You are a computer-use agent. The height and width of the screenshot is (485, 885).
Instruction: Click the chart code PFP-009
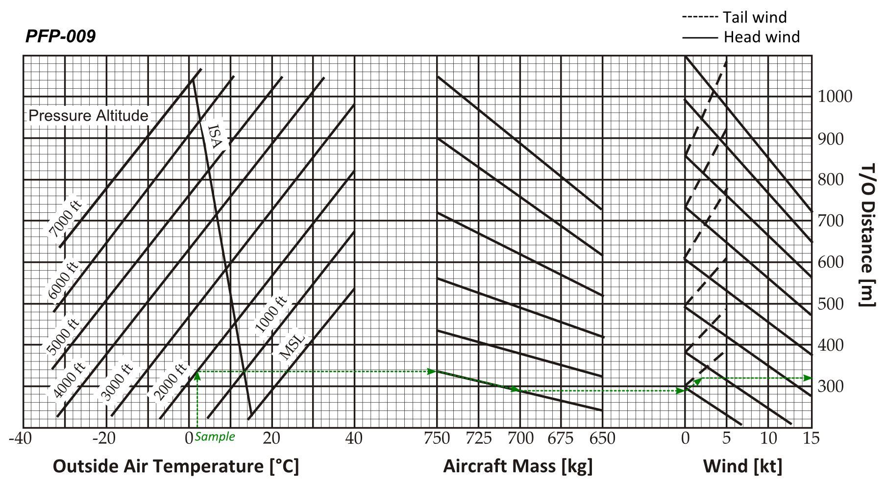pyautogui.click(x=60, y=36)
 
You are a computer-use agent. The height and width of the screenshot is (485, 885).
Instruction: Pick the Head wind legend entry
pyautogui.click(x=740, y=37)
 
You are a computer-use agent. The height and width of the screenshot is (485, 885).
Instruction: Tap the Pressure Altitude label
pyautogui.click(x=88, y=116)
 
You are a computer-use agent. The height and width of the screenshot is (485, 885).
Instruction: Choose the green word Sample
pyautogui.click(x=215, y=436)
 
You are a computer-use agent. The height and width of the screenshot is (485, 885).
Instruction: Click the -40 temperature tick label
pyautogui.click(x=20, y=438)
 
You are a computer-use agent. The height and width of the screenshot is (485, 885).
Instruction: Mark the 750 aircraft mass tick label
pyautogui.click(x=437, y=438)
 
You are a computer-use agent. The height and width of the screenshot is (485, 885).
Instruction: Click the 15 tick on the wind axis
pyautogui.click(x=811, y=438)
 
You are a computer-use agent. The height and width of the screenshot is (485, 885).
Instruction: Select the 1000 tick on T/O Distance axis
pyautogui.click(x=835, y=97)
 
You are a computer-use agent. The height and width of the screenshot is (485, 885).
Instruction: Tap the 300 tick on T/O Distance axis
pyautogui.click(x=831, y=386)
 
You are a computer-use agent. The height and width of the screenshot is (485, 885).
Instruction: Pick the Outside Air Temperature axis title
pyautogui.click(x=175, y=466)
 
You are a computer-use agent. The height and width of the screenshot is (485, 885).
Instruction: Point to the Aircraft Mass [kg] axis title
pyautogui.click(x=517, y=466)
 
